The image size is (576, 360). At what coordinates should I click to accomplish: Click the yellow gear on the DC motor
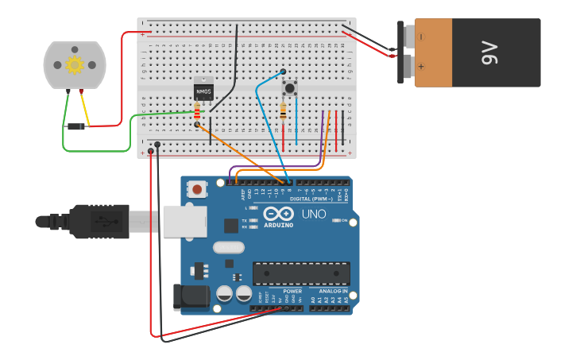[x=75, y=65]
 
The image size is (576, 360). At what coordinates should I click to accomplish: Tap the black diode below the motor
[x=76, y=126]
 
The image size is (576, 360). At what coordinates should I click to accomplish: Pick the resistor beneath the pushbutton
[x=284, y=112]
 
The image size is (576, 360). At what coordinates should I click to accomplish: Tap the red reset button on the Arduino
[x=196, y=189]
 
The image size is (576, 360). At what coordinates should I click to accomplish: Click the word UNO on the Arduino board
[x=314, y=215]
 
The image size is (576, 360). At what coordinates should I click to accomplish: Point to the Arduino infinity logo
[x=278, y=214]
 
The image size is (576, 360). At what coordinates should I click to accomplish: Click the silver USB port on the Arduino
[x=184, y=223]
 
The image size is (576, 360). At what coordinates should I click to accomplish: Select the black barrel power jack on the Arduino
[x=191, y=297]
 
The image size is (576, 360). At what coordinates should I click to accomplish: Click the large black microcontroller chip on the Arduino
[x=301, y=273]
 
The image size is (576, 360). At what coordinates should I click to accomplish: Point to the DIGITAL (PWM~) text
[x=311, y=199]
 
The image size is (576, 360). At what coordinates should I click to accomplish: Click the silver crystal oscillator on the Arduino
[x=228, y=247]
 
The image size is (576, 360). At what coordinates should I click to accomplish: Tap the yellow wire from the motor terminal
[x=86, y=110]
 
